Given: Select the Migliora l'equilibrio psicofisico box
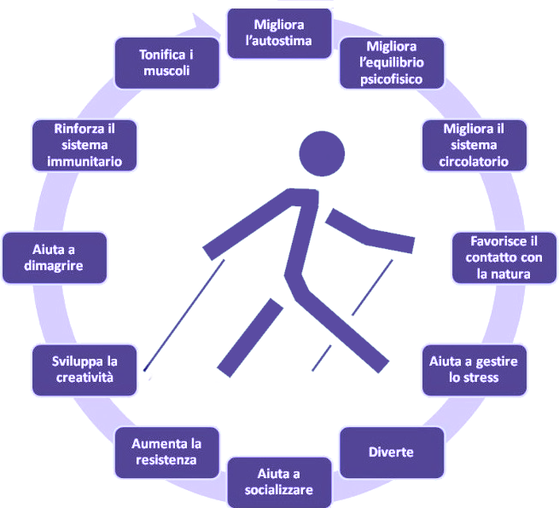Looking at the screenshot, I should [391, 62].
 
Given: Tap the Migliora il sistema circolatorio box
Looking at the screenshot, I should [474, 145].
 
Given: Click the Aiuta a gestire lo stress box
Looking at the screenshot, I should [474, 370].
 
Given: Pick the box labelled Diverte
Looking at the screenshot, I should [392, 452].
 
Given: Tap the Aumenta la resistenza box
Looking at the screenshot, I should [166, 452].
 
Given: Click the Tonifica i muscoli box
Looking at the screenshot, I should [166, 62].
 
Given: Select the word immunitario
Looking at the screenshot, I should [84, 160].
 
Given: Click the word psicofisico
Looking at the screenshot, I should [391, 78].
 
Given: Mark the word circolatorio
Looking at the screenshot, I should [474, 160].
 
